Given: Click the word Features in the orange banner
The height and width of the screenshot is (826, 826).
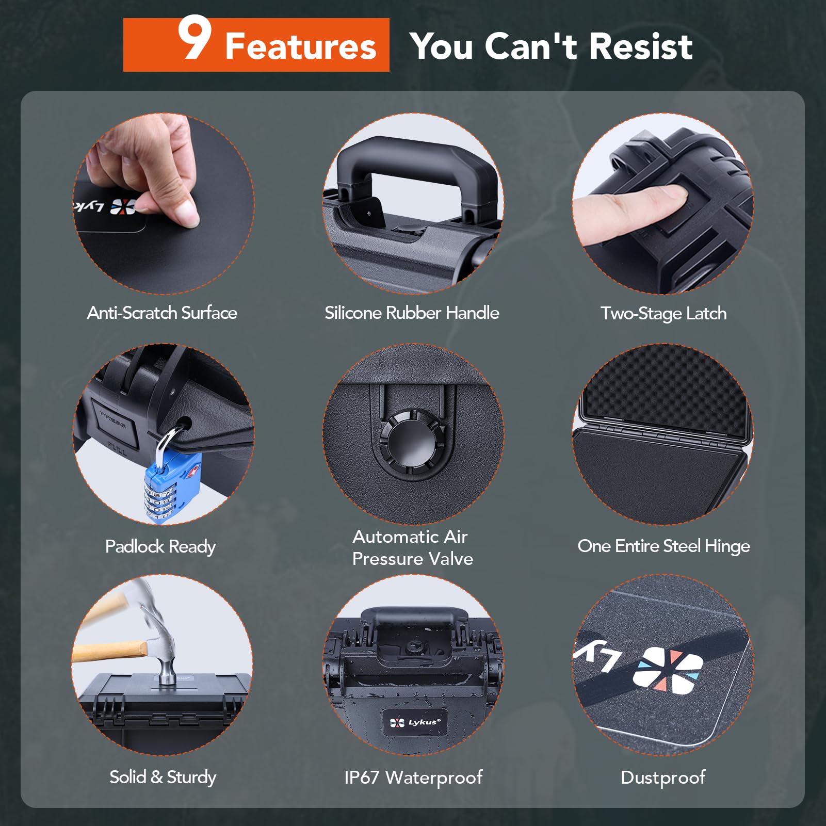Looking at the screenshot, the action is pos(301,46).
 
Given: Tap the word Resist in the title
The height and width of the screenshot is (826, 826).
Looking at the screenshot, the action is pos(641,46).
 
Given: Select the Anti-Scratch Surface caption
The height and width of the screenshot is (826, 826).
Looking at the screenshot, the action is pos(162,313).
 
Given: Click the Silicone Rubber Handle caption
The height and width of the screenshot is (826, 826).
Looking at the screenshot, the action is pos(412,313).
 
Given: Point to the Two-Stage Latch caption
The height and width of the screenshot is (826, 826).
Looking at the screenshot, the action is pos(663,314).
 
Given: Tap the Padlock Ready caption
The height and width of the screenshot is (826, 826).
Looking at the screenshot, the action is pos(160,546).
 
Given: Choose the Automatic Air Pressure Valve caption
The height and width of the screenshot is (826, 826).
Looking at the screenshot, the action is pos(412,547).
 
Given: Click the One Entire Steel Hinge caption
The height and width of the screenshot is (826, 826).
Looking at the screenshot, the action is pos(663,546).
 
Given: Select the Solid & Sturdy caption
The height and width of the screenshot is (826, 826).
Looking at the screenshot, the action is pos(163,777).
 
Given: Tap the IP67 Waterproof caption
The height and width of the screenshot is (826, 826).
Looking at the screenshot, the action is pos(413,778).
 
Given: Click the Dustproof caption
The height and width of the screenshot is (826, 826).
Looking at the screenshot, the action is pos(663,777).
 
